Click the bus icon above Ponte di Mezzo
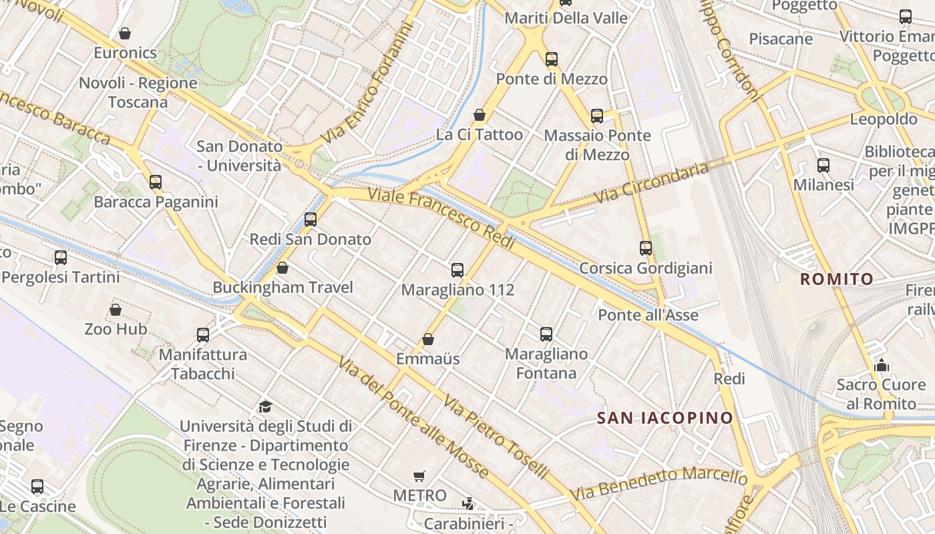551,59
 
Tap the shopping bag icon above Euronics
125,33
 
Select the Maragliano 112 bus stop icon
457,270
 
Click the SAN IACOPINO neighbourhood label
665,419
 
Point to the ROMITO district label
837,279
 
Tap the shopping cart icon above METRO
419,476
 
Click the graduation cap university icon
265,407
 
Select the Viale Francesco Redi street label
441,218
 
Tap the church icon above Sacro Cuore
882,365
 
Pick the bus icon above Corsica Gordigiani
646,248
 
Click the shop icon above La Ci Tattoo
479,115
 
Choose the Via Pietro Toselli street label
496,438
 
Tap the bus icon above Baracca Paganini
156,182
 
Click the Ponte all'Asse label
648,315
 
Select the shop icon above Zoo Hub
116,310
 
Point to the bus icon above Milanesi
823,166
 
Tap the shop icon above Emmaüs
428,340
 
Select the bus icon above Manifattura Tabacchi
203,335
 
